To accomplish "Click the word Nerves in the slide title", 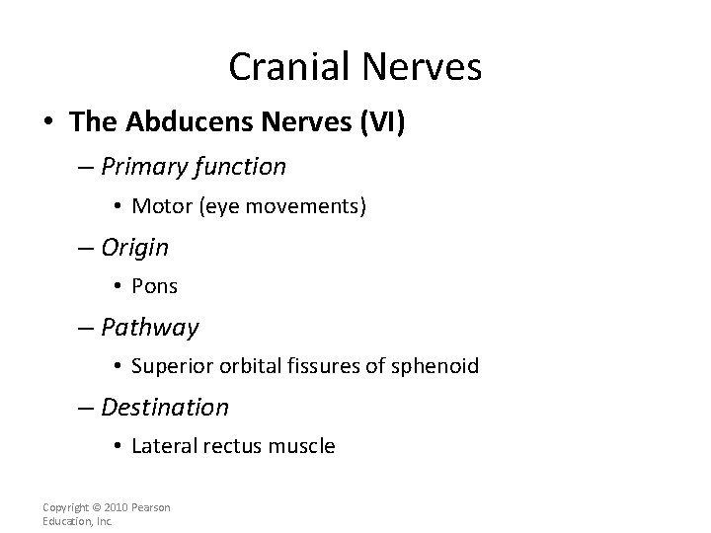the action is tap(424, 67).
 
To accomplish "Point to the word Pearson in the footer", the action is tap(152, 507).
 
